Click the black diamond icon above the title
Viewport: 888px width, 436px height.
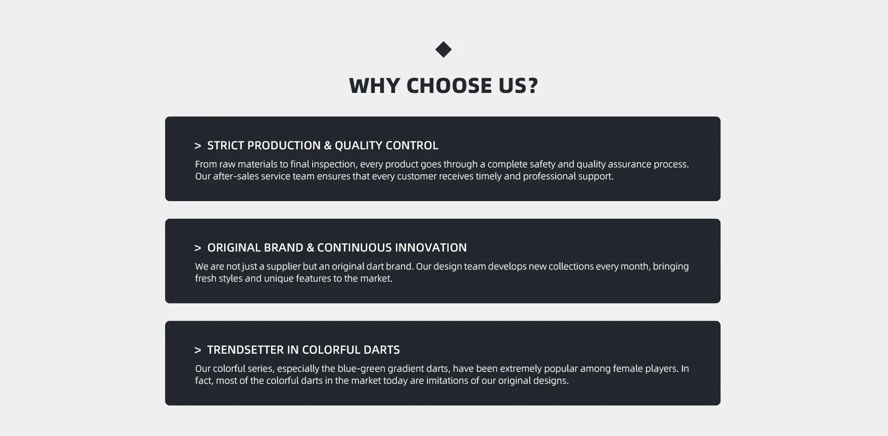pyautogui.click(x=444, y=49)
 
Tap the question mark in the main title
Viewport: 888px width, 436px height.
pyautogui.click(x=532, y=86)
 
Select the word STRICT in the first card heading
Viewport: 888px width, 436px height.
pyautogui.click(x=225, y=146)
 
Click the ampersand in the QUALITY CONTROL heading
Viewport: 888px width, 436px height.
pyautogui.click(x=327, y=146)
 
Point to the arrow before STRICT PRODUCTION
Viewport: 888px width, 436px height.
pyautogui.click(x=198, y=146)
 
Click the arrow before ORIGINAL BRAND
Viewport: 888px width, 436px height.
pyautogui.click(x=198, y=248)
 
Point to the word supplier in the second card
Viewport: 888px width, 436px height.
pyautogui.click(x=284, y=266)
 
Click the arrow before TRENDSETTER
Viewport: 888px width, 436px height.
pyautogui.click(x=198, y=350)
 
